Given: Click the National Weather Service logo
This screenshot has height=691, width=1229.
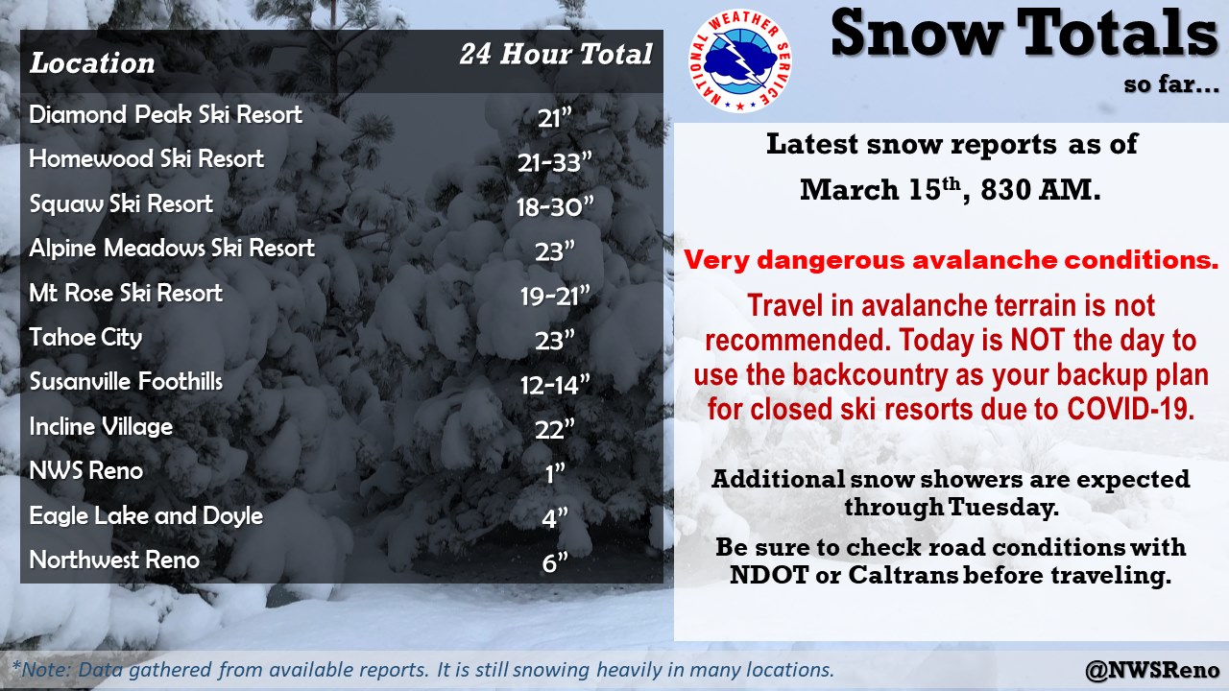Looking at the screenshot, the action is click(x=740, y=60).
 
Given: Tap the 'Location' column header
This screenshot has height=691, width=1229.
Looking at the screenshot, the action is click(x=92, y=62).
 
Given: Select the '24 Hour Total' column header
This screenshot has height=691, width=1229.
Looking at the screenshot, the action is click(x=556, y=55).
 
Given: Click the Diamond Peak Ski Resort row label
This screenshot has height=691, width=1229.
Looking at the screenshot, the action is click(x=166, y=114).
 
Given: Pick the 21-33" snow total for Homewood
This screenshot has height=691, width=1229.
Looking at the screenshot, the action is click(x=555, y=162).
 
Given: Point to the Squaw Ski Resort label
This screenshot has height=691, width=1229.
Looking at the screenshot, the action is click(x=121, y=204).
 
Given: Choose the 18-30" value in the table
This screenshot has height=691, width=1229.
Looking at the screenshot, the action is click(x=555, y=206).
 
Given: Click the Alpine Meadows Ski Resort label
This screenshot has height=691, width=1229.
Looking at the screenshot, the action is click(x=172, y=248).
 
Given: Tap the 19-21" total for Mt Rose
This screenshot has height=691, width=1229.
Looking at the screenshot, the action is click(x=555, y=297).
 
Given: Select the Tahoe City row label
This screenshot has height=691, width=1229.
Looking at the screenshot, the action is click(x=85, y=337).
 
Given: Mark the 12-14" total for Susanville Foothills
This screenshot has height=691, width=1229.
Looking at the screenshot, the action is click(x=555, y=385).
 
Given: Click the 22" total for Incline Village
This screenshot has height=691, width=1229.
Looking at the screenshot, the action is click(x=555, y=429).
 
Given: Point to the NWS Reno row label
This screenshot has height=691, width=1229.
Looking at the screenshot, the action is click(x=86, y=470).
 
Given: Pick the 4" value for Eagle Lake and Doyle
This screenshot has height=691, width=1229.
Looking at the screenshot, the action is click(x=555, y=518).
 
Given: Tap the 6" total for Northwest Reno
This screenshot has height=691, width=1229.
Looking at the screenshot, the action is click(x=555, y=562).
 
